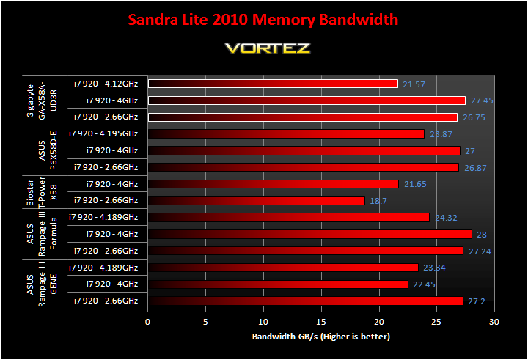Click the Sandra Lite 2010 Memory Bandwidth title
coord(263,20)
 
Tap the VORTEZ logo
coord(268,48)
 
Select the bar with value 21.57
coord(273,84)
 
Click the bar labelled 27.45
coord(307,100)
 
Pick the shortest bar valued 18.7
coord(256,201)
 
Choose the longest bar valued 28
coord(309,234)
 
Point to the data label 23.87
coord(441,134)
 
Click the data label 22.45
coord(424,284)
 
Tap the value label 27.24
coord(480,251)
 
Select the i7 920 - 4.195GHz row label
coord(103,133)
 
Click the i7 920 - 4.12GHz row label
coord(106,84)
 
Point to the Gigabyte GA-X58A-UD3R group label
coord(42,100)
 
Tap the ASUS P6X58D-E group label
coord(48,150)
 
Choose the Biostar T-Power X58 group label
coord(42,192)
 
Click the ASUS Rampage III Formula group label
coord(42,234)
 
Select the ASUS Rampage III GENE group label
coord(42,284)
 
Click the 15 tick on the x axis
coord(321,322)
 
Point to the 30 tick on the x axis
coord(494,322)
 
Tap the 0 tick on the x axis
coord(147,322)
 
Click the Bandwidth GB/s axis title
coord(321,337)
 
